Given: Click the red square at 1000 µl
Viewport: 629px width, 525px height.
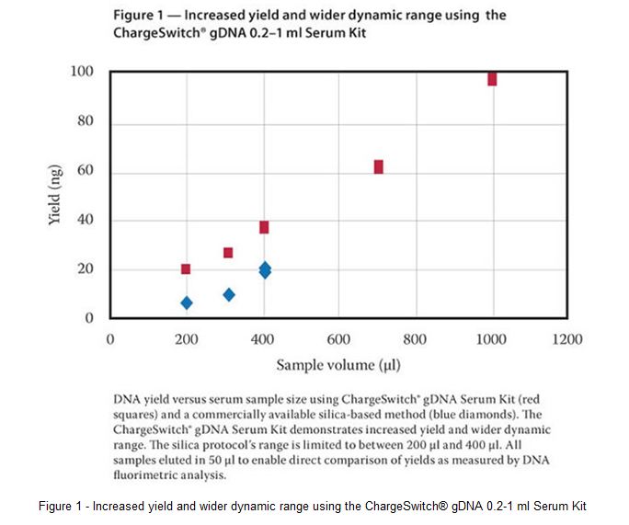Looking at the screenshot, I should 492,79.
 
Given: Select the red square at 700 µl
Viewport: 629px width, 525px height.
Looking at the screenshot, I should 378,166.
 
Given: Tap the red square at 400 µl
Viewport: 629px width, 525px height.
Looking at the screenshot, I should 264,227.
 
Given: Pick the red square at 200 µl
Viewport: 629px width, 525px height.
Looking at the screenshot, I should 186,269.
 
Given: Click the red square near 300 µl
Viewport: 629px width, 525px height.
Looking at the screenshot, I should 228,253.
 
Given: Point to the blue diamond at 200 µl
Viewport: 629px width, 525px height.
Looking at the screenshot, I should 187,302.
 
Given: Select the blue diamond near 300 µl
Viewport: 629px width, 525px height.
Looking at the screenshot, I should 229,294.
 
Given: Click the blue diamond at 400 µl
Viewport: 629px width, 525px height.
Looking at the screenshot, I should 265,269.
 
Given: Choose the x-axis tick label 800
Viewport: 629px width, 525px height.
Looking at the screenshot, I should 416,339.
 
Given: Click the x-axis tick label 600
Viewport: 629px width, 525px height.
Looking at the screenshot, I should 339,339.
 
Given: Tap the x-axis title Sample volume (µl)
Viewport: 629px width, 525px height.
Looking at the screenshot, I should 338,365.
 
